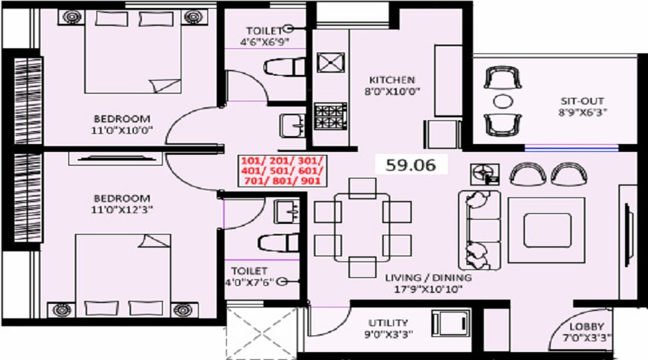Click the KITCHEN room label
click(x=392, y=80)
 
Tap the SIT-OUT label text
click(x=582, y=101)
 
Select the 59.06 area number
click(x=411, y=165)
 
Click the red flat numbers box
click(x=282, y=171)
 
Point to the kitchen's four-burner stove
click(x=330, y=116)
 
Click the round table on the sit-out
click(x=503, y=102)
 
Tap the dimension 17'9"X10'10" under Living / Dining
click(x=428, y=289)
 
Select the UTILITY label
click(x=388, y=323)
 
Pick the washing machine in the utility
click(x=451, y=323)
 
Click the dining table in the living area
click(x=362, y=228)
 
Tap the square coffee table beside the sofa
click(x=546, y=230)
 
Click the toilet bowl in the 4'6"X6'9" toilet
click(x=284, y=67)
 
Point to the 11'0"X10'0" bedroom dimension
click(x=122, y=130)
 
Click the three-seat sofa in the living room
click(x=480, y=230)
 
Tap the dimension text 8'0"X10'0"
click(x=392, y=91)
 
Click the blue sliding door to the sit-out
click(x=572, y=148)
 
